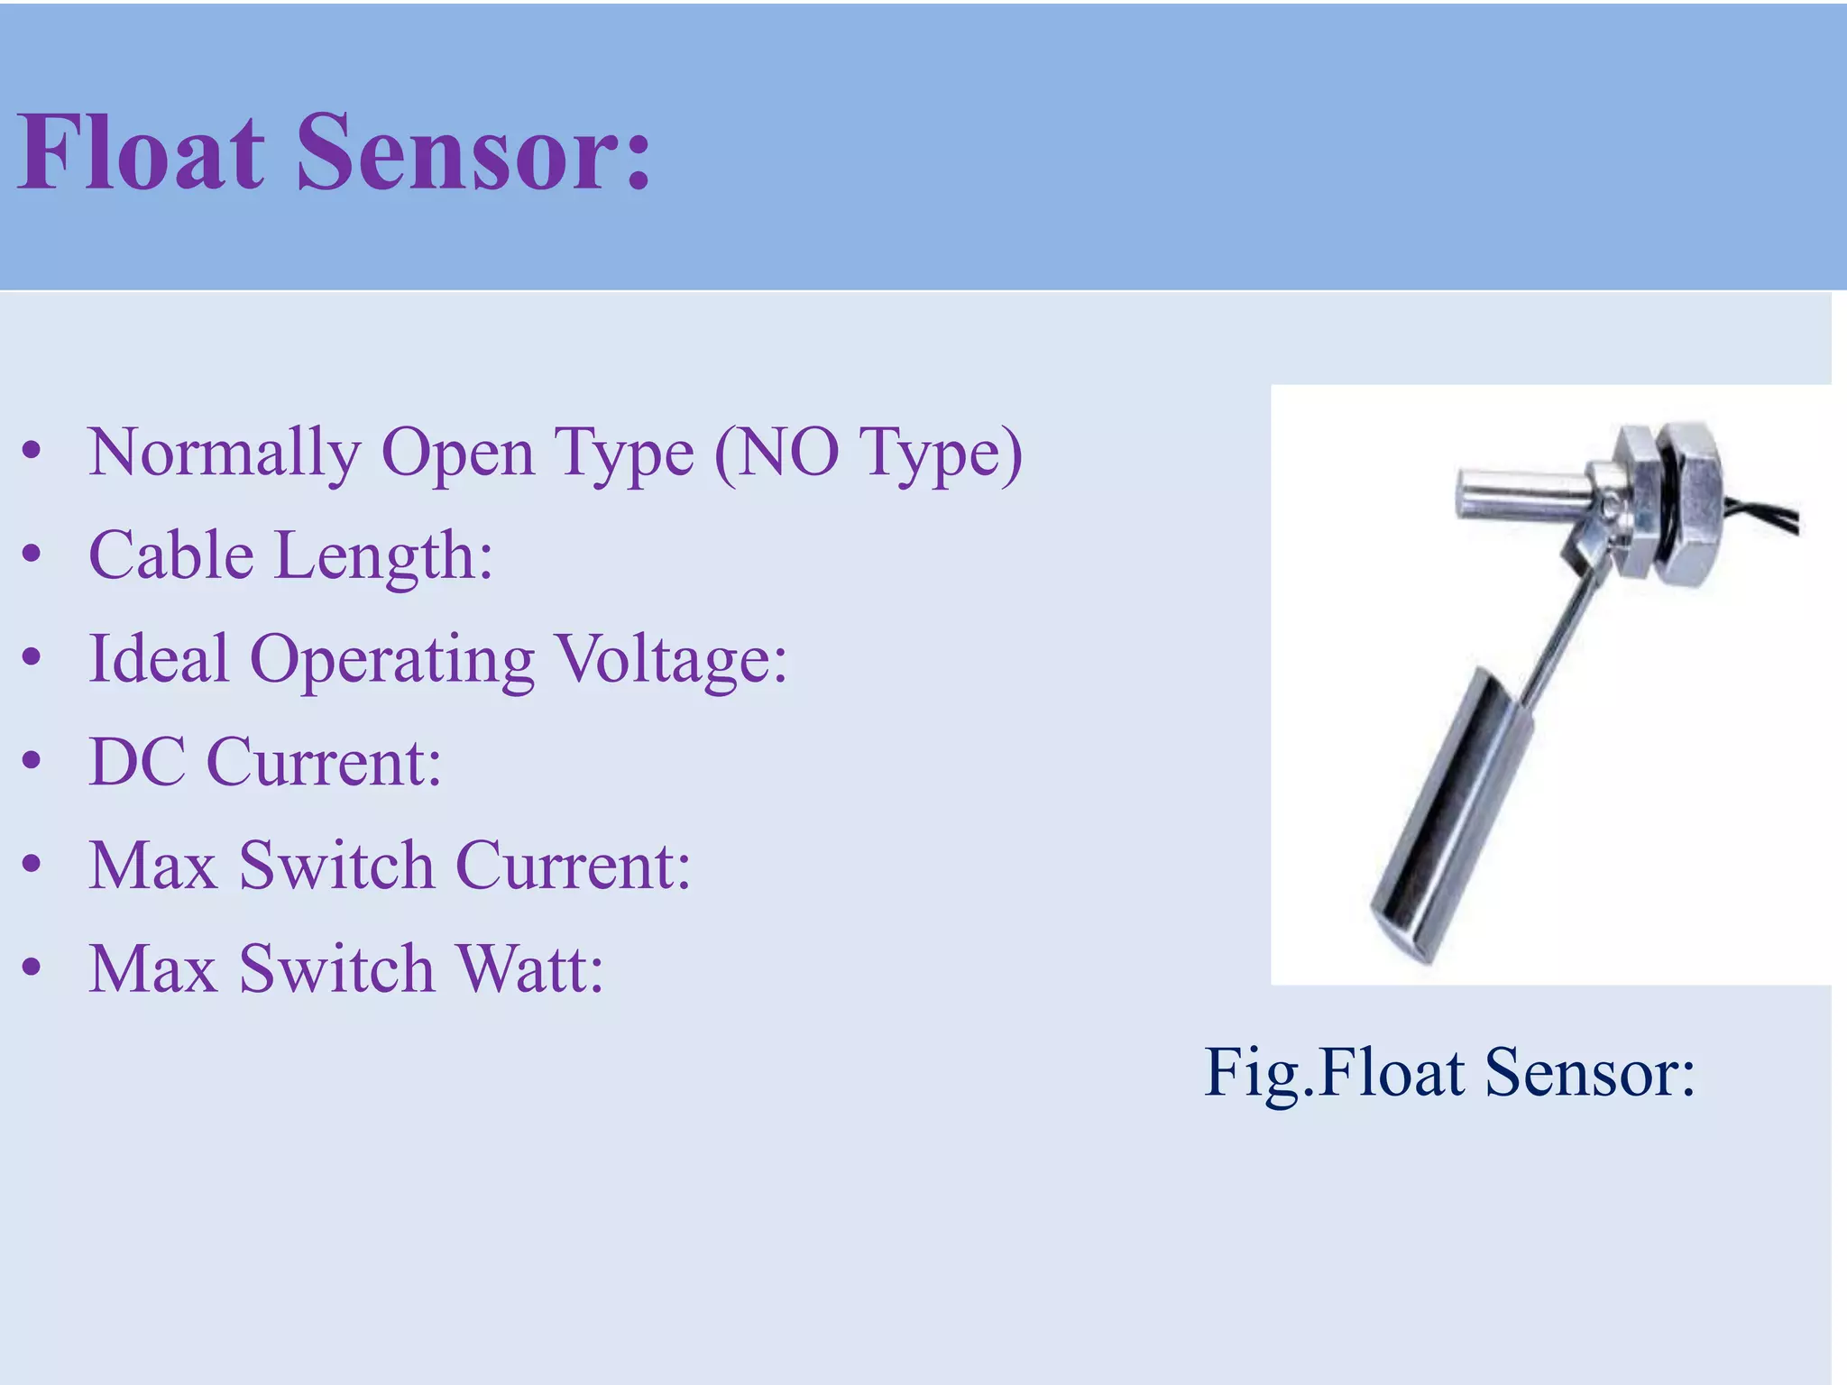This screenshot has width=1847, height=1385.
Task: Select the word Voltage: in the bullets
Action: pyautogui.click(x=671, y=661)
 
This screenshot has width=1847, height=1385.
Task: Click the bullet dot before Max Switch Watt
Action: pyautogui.click(x=32, y=968)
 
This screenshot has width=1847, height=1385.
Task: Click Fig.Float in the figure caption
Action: pyautogui.click(x=1335, y=1072)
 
